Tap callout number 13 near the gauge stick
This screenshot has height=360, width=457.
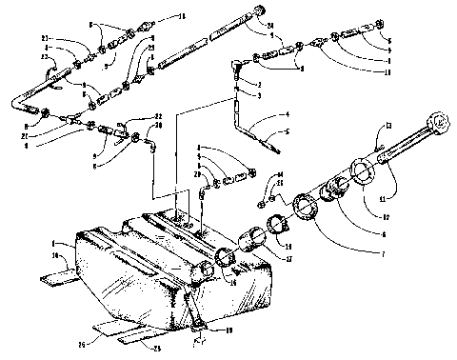coord(389,125)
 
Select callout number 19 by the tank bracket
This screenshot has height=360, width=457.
coord(228,329)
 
